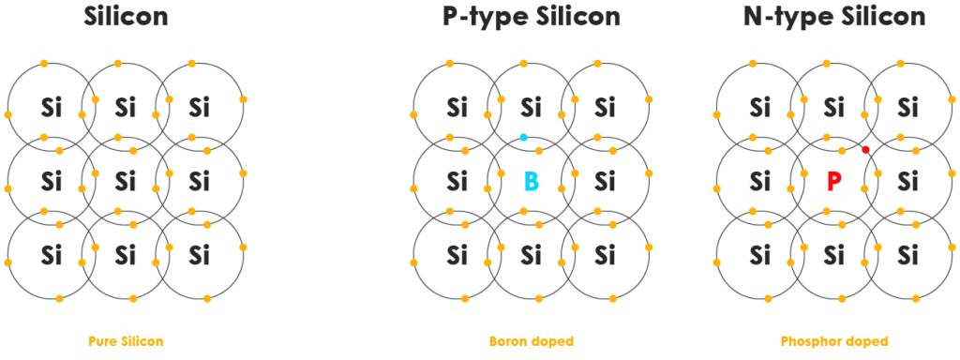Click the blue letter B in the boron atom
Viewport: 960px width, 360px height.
point(531,180)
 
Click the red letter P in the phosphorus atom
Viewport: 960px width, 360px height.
point(833,180)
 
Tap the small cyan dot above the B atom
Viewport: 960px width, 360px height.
point(523,137)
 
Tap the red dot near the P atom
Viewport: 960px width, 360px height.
point(865,149)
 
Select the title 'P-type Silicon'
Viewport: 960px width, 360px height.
point(531,17)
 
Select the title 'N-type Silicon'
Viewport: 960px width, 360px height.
point(833,17)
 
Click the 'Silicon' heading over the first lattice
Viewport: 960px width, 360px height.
point(126,17)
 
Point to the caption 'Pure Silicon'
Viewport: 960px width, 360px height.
point(126,341)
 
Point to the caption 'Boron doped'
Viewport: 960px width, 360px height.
point(531,341)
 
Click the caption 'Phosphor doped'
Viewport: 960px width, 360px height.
point(833,341)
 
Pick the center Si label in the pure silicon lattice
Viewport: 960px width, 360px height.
point(126,180)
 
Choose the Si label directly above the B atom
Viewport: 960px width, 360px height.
point(531,107)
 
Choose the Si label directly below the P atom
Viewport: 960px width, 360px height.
point(833,254)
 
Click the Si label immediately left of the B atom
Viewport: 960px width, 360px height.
point(457,180)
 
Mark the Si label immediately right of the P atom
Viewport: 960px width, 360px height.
point(907,180)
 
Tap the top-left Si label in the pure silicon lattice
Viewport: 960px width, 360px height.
point(52,107)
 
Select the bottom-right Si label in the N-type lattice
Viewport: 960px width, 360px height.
point(907,254)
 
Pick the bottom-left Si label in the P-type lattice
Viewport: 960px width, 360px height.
point(457,254)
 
